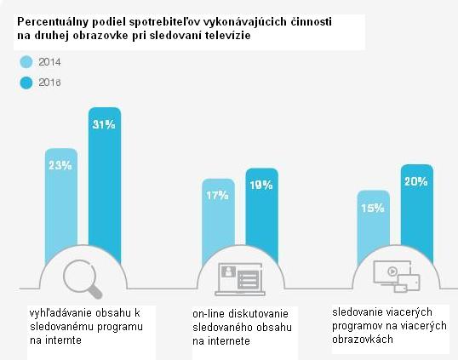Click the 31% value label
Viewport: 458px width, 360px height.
click(x=105, y=124)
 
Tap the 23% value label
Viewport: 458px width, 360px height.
click(x=60, y=165)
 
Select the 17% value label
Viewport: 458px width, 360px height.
click(x=217, y=196)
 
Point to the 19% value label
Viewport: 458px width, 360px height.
click(x=261, y=184)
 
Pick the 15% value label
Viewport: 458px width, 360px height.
click(x=373, y=208)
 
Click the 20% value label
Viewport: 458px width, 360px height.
click(x=417, y=180)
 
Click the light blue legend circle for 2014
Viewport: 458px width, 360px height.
click(x=26, y=61)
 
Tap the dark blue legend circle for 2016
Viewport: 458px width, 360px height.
click(x=26, y=83)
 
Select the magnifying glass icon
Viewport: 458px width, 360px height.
click(x=83, y=276)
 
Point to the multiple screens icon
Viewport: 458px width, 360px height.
click(x=395, y=276)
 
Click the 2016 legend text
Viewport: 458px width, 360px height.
click(x=50, y=83)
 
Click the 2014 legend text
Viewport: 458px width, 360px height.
click(x=50, y=62)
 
